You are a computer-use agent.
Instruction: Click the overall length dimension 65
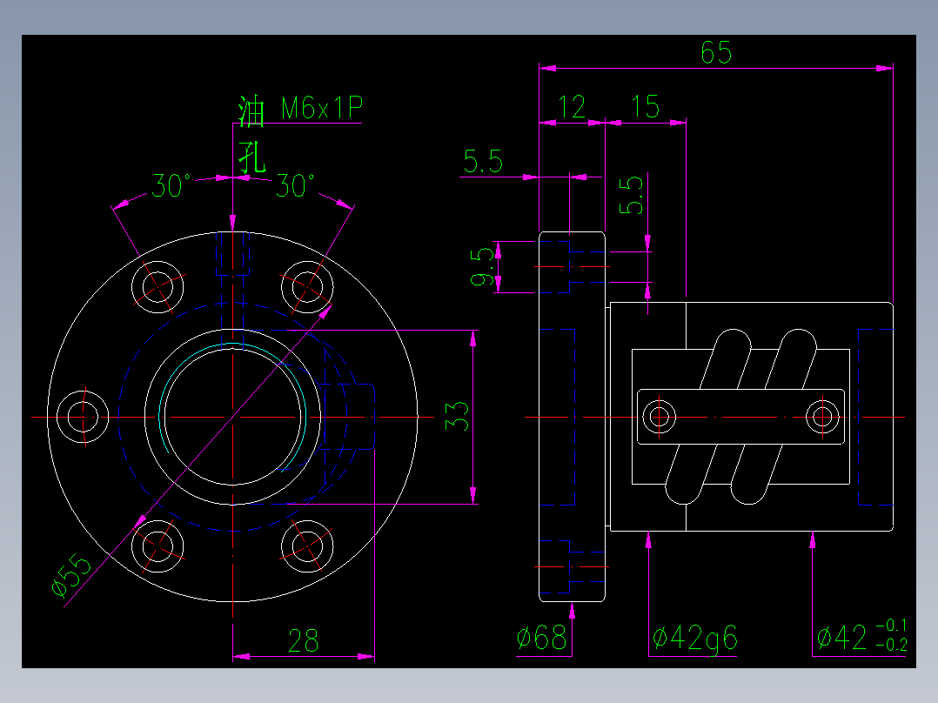tap(716, 53)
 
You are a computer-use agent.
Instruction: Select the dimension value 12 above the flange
tap(572, 107)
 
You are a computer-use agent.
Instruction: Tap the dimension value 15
tap(646, 107)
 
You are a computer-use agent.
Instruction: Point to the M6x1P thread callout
tap(321, 109)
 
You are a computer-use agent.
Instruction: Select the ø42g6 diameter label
tap(694, 639)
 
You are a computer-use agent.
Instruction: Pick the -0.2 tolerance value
tap(892, 645)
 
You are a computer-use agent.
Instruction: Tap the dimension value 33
tap(458, 416)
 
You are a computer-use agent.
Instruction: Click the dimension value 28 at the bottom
tap(303, 642)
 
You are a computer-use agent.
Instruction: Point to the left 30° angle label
tap(171, 185)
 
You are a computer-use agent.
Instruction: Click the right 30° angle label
tap(296, 185)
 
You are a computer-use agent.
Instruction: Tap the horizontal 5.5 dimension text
tap(483, 162)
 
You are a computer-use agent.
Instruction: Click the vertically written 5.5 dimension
tap(633, 196)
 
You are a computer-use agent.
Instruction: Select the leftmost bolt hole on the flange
tap(83, 416)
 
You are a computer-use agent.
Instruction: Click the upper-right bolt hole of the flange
tap(307, 285)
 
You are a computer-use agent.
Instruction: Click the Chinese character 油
tap(251, 112)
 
